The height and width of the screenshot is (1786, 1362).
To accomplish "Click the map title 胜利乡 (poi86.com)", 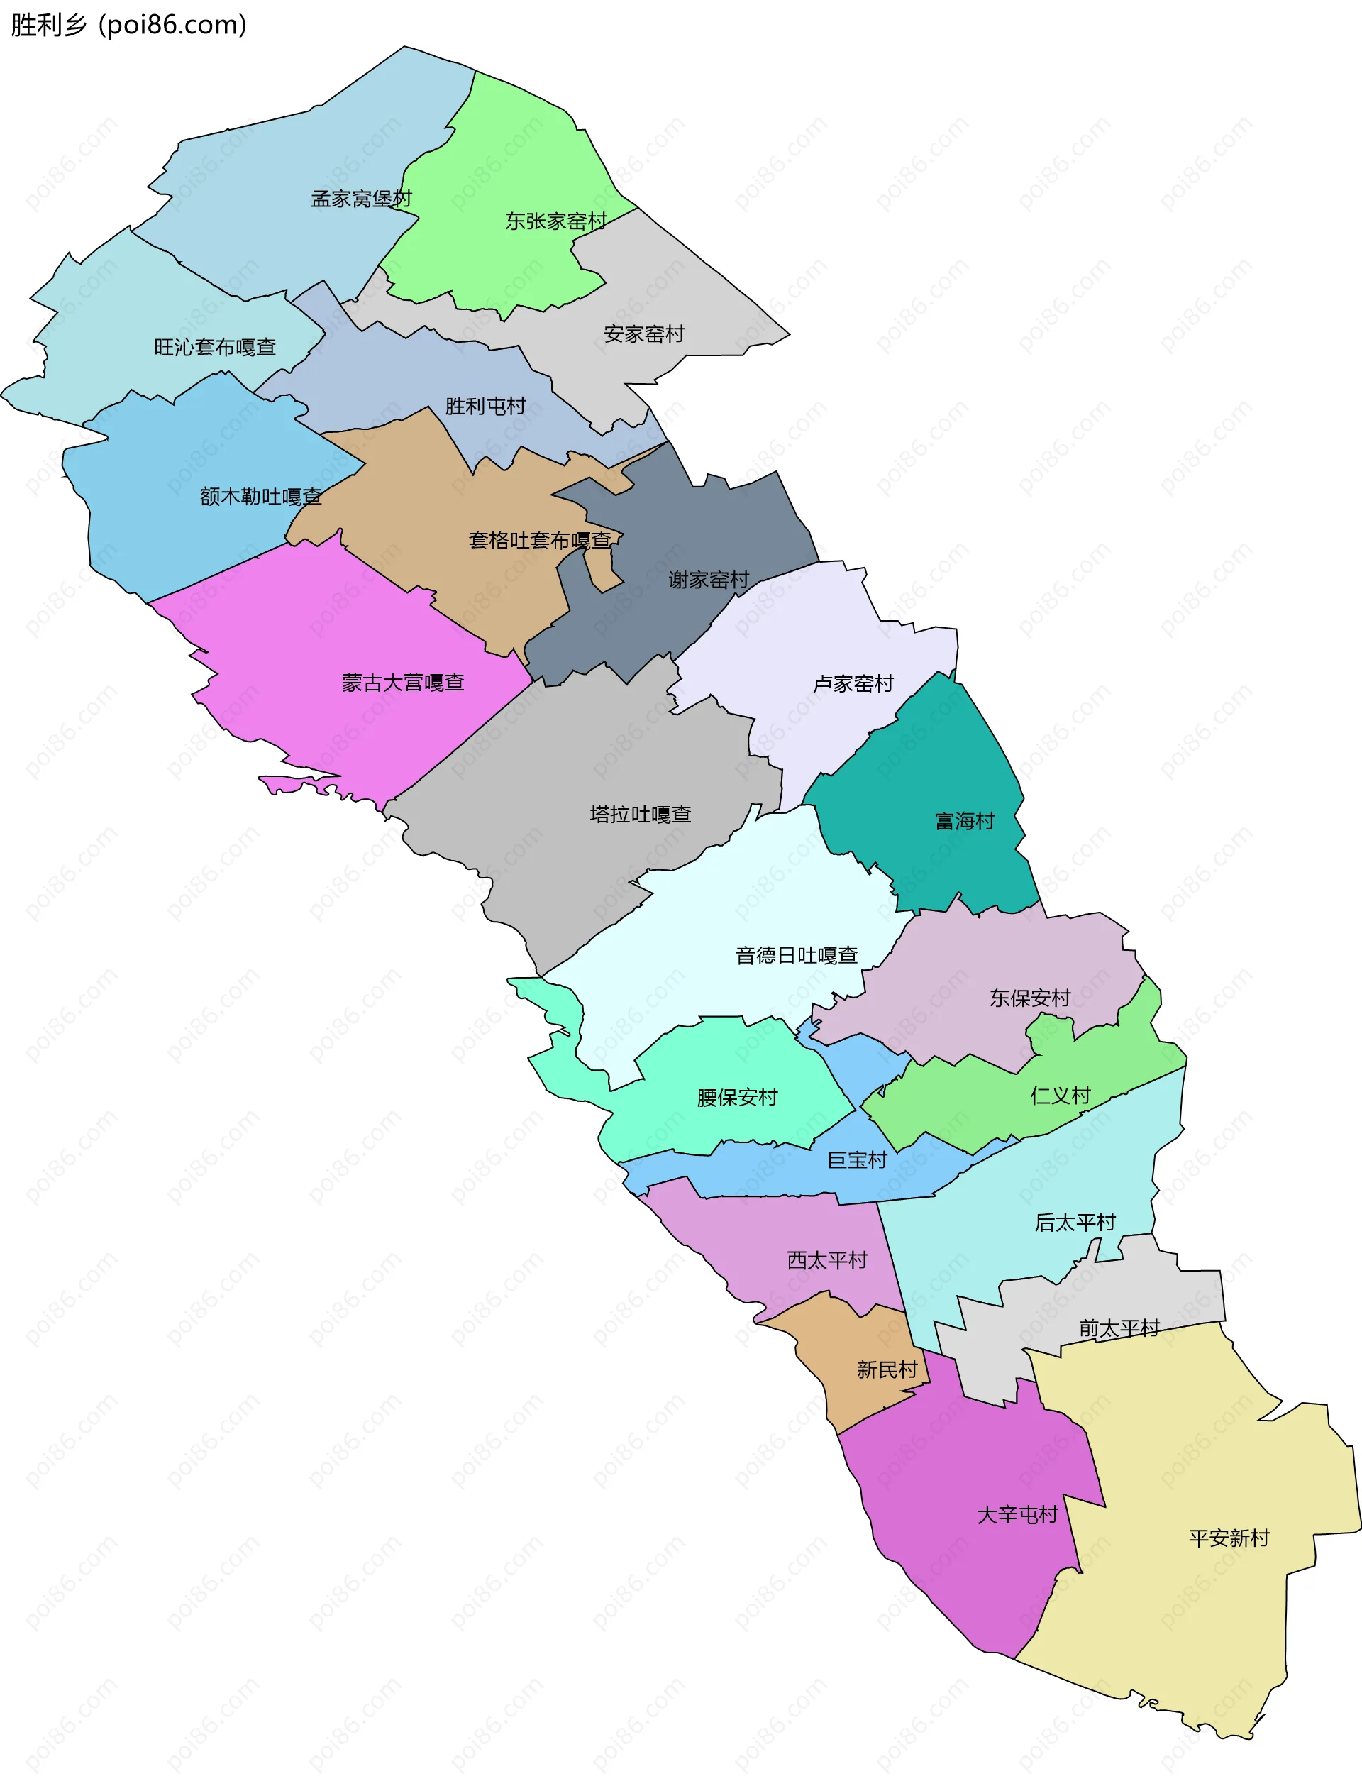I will click(129, 25).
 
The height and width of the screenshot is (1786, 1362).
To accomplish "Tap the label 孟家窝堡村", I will click(362, 199).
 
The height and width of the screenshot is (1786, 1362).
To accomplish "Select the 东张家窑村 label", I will click(556, 221).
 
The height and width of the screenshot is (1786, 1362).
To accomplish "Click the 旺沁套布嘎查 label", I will click(215, 347).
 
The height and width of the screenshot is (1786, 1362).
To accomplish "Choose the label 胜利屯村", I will click(486, 406).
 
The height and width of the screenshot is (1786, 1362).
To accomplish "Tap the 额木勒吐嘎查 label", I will click(260, 496).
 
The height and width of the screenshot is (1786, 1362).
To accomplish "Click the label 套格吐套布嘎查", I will click(540, 540).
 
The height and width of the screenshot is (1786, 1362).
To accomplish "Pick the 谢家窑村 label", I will click(709, 580).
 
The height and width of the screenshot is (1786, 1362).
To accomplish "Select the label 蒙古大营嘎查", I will click(403, 683).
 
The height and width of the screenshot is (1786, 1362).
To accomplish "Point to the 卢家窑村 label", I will click(853, 684).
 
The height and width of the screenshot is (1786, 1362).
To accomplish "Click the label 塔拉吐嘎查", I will click(641, 814).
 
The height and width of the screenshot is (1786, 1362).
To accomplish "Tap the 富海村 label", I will click(965, 821).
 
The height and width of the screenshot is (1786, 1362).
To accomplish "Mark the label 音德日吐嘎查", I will click(796, 956).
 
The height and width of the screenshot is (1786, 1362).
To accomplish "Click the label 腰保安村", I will click(737, 1098).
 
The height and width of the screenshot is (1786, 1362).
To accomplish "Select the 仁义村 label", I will click(1061, 1096).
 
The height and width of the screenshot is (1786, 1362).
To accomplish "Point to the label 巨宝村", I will click(857, 1160).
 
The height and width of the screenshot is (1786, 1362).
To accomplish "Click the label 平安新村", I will click(1229, 1538).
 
